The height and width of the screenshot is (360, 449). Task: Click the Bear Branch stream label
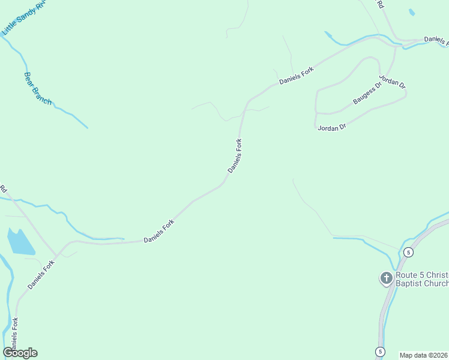click(38, 88)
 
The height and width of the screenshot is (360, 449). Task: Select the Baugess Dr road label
click(367, 94)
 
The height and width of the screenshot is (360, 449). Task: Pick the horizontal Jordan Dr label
click(332, 127)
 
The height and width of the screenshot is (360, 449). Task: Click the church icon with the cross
click(386, 278)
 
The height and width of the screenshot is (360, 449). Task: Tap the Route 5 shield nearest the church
click(408, 252)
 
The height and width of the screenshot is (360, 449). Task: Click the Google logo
click(20, 353)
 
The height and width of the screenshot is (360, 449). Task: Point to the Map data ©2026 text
click(424, 355)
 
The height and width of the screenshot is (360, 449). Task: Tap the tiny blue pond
click(411, 12)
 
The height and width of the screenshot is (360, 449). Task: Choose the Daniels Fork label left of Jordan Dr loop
click(297, 76)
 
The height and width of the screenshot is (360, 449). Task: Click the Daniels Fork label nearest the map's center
click(235, 156)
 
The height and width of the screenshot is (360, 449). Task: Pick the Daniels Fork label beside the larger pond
click(41, 273)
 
